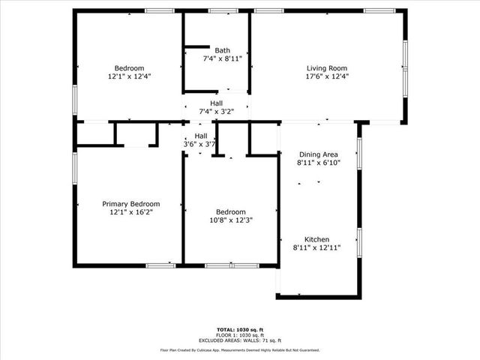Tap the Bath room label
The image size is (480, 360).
[222, 50]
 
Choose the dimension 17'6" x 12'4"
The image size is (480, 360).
[327, 76]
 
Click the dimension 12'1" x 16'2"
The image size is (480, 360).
[131, 212]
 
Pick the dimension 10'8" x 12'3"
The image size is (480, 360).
[230, 220]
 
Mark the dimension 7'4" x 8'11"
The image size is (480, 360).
[222, 58]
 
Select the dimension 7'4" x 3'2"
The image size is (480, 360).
[216, 112]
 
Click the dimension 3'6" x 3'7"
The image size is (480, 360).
[200, 144]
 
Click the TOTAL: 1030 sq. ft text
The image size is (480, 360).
[239, 329]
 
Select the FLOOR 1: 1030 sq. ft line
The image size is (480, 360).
[239, 334]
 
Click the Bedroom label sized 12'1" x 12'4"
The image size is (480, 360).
[129, 67]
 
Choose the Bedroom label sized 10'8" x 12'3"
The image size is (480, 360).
[230, 211]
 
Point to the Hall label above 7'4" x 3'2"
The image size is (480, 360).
[216, 103]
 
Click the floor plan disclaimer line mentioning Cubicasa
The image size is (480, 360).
[239, 349]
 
